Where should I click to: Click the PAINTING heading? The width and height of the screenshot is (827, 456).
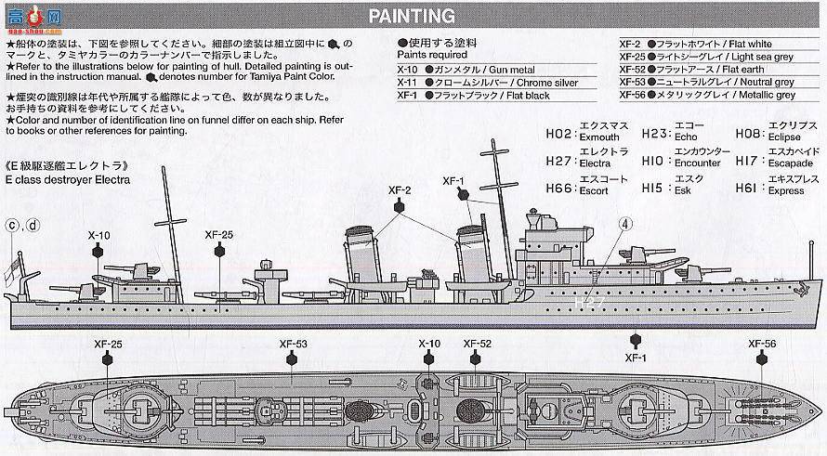(x=412, y=16)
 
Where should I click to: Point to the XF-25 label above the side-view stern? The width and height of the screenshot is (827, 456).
(x=219, y=236)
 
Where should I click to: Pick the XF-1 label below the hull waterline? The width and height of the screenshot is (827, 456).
(x=636, y=357)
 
